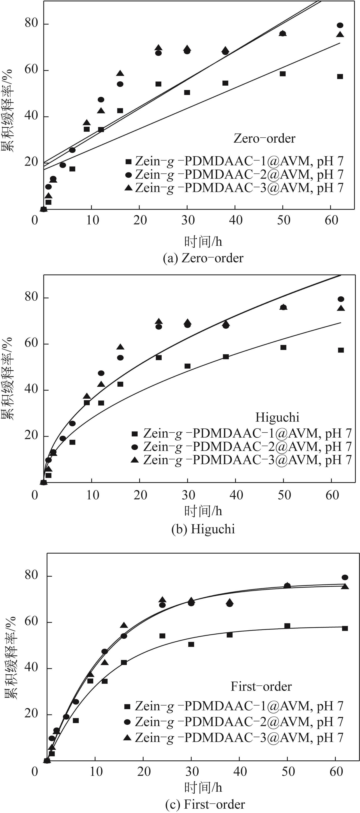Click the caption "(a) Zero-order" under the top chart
click(x=203, y=258)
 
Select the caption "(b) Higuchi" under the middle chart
click(x=203, y=529)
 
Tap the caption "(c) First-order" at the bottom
click(x=205, y=804)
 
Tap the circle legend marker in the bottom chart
click(x=127, y=721)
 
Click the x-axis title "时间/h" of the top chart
click(x=203, y=242)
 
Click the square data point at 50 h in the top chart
click(x=283, y=74)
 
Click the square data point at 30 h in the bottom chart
click(x=191, y=644)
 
